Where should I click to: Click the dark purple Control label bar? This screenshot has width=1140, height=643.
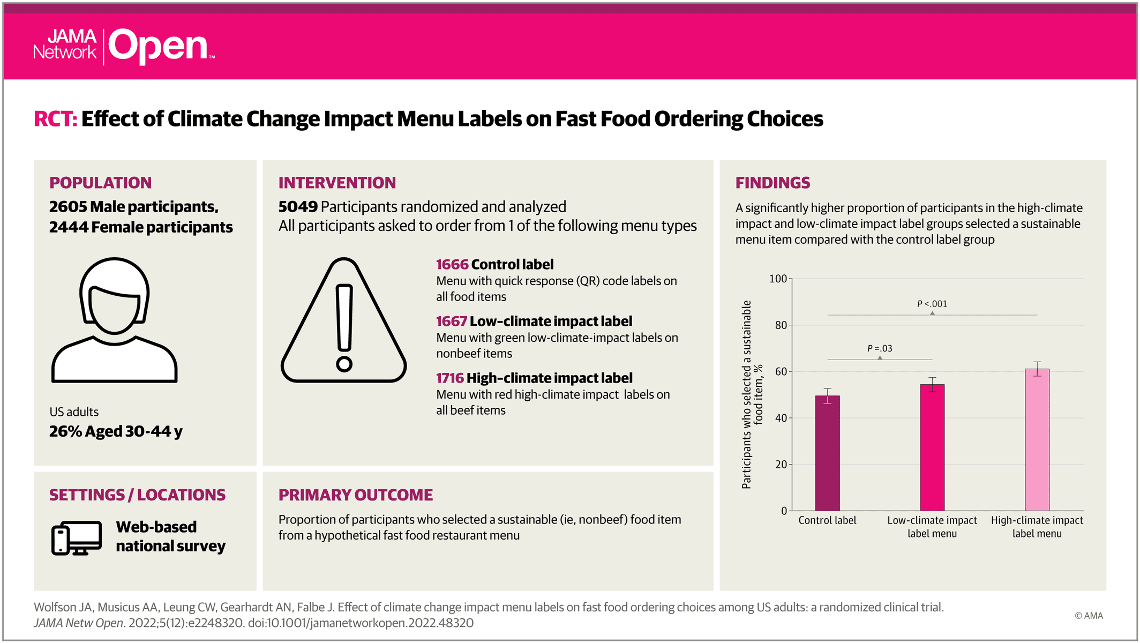tap(827, 453)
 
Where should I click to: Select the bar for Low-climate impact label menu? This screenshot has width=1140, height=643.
tap(932, 447)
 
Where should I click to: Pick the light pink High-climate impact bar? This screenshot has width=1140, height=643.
tap(1037, 439)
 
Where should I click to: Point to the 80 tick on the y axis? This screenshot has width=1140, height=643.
tap(781, 325)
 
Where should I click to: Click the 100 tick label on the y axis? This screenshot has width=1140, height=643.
tap(778, 279)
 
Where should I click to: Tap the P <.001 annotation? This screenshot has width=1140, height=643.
tap(932, 304)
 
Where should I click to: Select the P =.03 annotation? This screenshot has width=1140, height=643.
tap(880, 348)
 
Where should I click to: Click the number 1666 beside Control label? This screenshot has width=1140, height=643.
tap(452, 264)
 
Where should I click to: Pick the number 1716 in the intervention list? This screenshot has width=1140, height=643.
tap(450, 378)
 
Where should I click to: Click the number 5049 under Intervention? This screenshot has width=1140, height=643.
tap(298, 206)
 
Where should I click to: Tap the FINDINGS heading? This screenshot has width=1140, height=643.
tap(772, 183)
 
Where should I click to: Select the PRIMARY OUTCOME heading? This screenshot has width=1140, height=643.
tap(356, 495)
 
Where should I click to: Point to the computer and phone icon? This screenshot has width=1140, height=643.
tap(77, 538)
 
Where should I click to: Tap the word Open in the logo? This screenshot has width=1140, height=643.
tap(159, 46)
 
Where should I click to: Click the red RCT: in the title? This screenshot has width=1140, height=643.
tap(56, 119)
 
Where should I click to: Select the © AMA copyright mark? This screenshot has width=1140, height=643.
tap(1089, 616)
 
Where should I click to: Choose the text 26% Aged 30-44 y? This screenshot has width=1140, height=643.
tap(116, 431)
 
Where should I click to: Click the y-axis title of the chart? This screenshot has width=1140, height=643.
tap(752, 394)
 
